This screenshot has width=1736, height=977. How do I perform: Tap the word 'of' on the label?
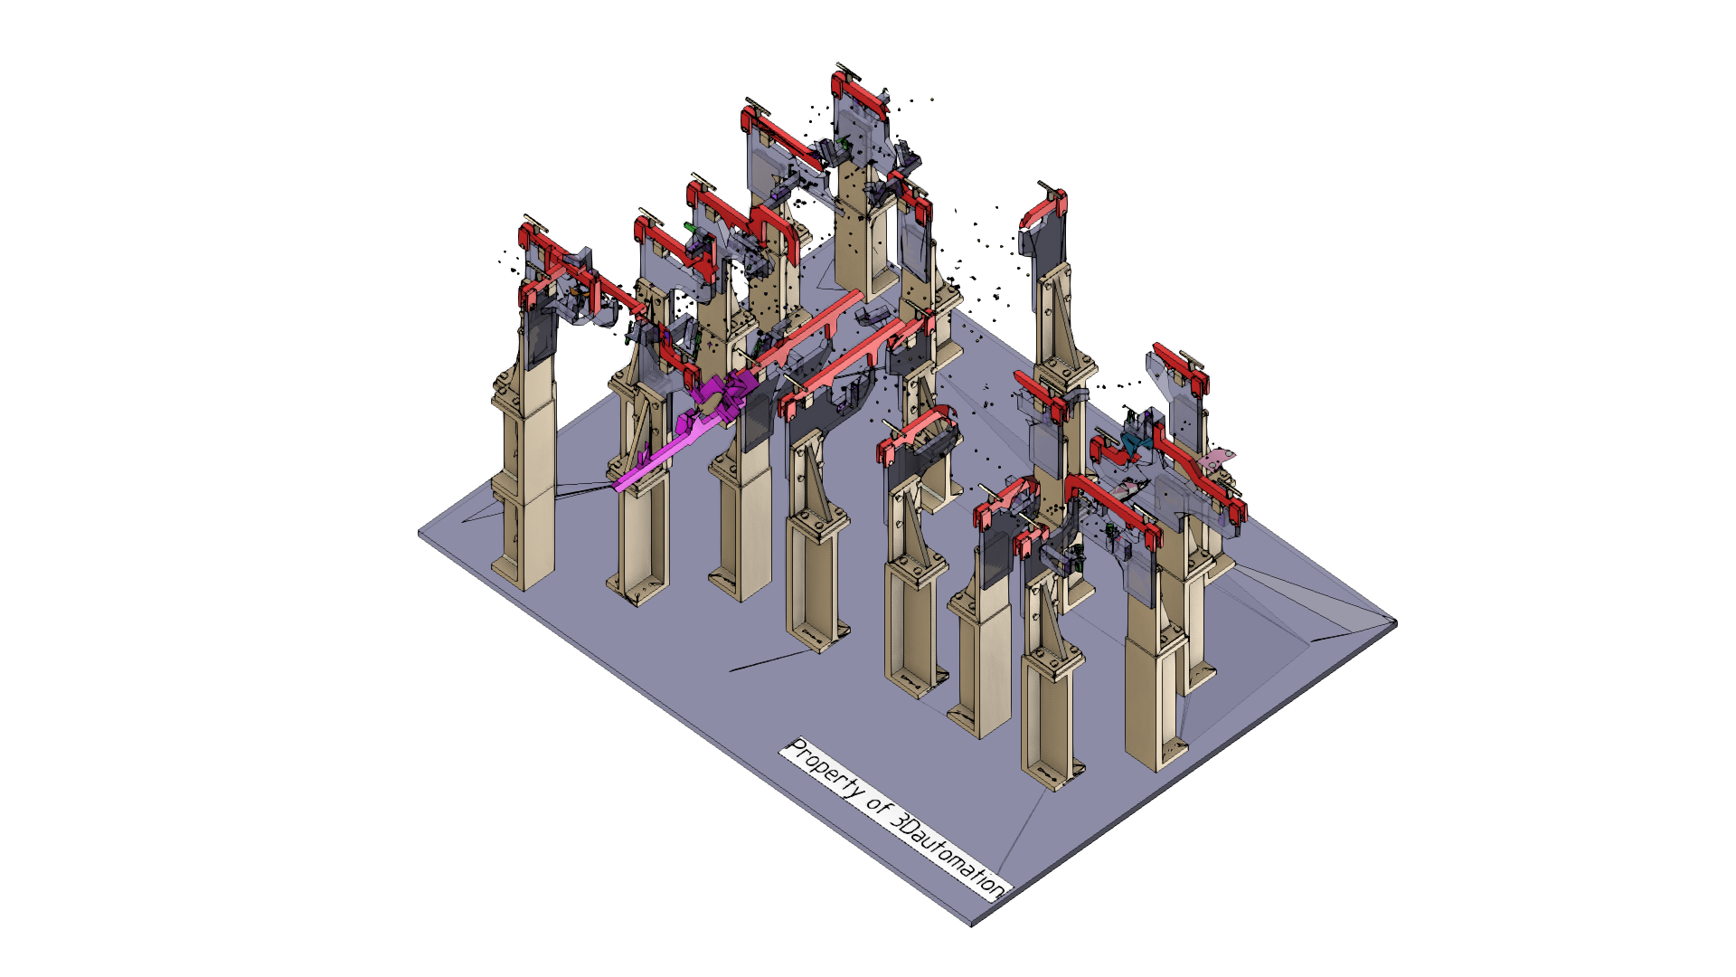point(879,804)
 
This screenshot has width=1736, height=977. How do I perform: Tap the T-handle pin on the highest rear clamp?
point(848,70)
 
